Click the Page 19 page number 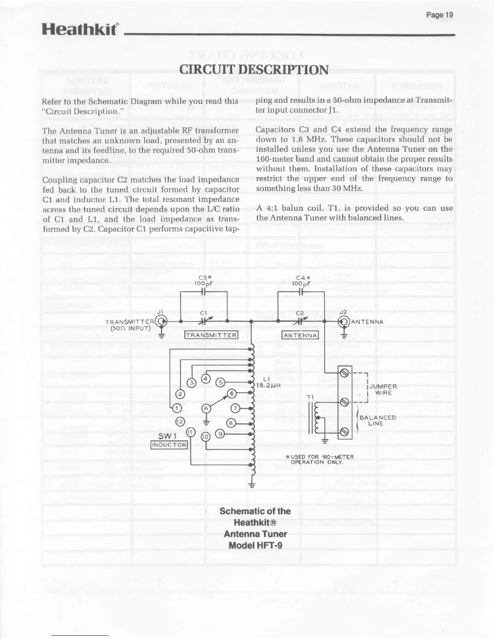tap(440, 15)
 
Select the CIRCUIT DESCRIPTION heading tap(254, 69)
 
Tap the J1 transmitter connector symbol tap(162, 322)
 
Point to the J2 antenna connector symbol tap(343, 322)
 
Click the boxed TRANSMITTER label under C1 tap(211, 335)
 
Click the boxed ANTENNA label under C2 tap(300, 335)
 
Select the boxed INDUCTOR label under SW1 tap(169, 445)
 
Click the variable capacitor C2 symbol tap(300, 321)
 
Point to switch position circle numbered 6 tap(232, 393)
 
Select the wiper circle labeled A tap(206, 408)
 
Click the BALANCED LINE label tap(377, 420)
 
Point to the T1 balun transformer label tap(310, 397)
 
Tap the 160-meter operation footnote tap(319, 459)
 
